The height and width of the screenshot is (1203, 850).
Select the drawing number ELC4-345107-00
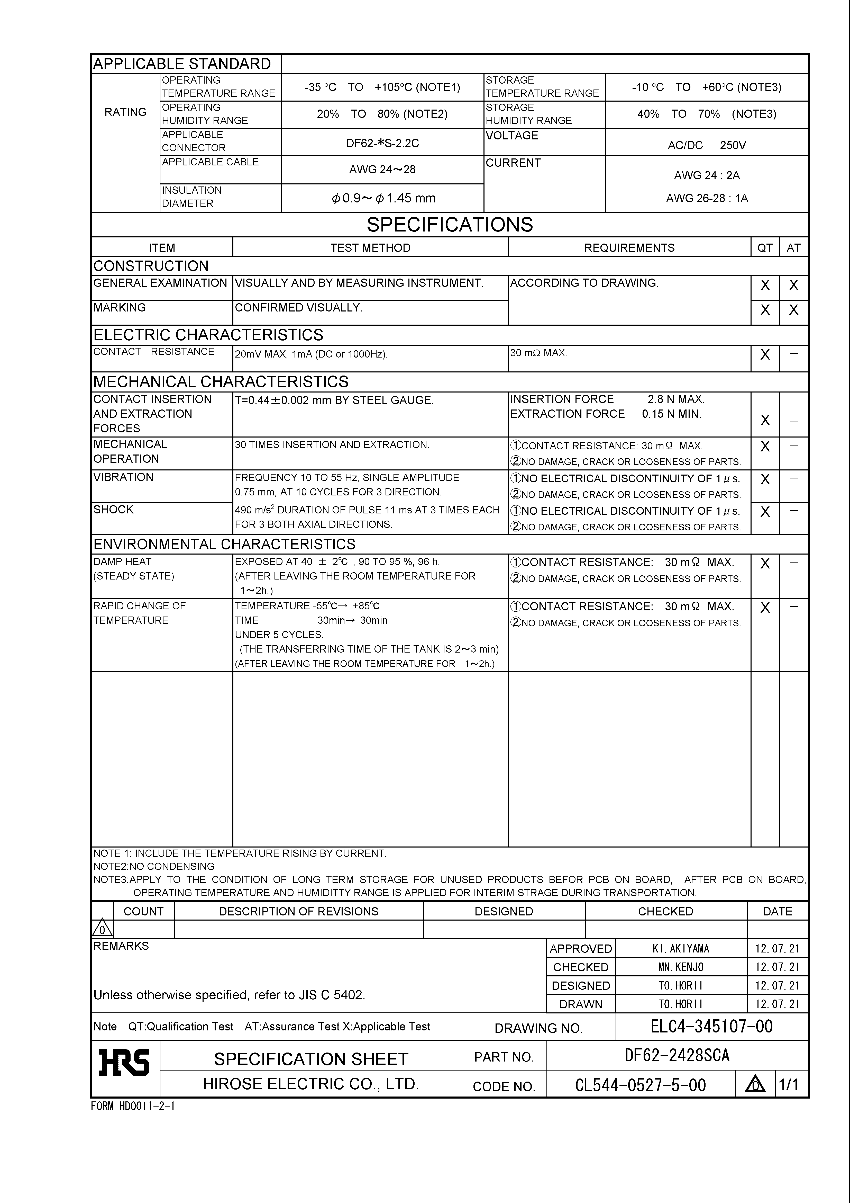[x=711, y=1027]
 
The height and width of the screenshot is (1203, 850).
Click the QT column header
[x=765, y=248]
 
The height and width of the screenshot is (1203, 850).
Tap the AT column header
[x=793, y=248]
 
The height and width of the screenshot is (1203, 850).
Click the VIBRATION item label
[x=124, y=477]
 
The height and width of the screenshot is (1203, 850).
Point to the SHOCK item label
[x=114, y=510]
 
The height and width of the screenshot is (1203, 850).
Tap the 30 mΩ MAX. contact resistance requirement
[x=538, y=353]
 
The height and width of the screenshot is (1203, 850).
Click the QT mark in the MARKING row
[x=765, y=310]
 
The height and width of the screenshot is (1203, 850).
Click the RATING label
[x=126, y=112]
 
